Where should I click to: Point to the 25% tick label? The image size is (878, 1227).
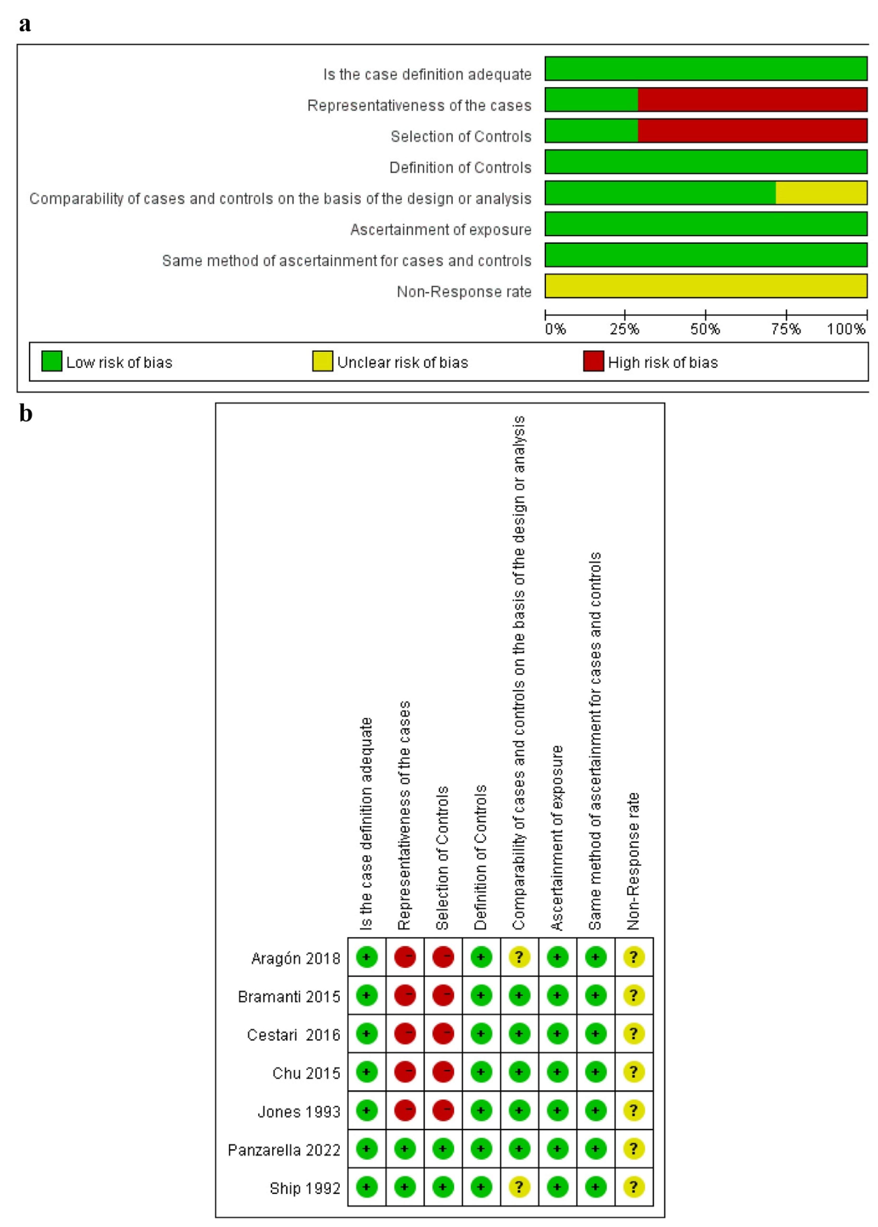click(625, 329)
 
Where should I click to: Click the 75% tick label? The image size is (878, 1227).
click(786, 329)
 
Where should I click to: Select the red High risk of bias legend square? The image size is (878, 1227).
click(593, 361)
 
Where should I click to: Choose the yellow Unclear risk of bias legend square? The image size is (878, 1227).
click(322, 361)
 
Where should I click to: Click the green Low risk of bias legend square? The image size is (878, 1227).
click(51, 361)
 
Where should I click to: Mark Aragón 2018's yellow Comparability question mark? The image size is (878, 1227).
click(519, 957)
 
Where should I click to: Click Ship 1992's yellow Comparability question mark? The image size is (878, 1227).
click(519, 1187)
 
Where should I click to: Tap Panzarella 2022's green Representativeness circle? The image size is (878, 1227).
click(404, 1149)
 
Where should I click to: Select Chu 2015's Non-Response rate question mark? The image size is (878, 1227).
click(634, 1072)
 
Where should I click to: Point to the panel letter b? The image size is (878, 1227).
click(25, 414)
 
